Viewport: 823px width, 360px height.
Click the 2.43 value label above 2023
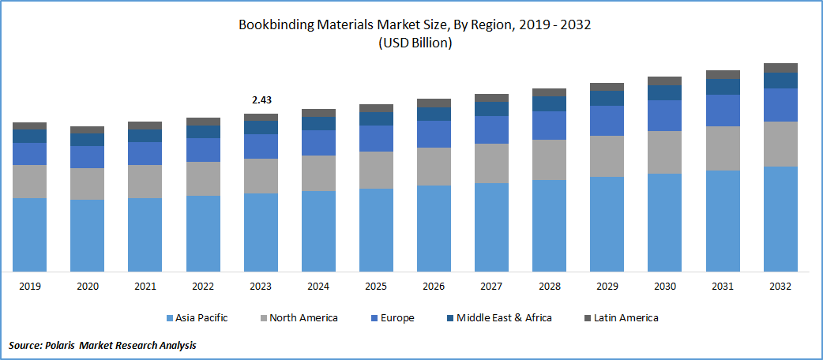[261, 100]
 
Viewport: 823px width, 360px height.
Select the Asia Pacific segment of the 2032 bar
[780, 219]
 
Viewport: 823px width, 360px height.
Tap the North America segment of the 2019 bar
[29, 182]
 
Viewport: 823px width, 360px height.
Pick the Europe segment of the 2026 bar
[434, 134]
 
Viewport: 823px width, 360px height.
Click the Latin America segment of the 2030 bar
[664, 81]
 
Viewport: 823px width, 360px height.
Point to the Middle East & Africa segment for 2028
[549, 103]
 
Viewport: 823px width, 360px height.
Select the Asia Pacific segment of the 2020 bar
[87, 235]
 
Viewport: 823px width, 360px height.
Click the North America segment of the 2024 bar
[318, 173]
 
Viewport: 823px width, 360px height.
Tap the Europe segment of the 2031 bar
[723, 111]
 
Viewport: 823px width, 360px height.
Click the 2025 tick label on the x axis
[376, 286]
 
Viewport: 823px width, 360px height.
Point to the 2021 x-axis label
[145, 286]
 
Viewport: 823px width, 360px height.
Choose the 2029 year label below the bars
[607, 286]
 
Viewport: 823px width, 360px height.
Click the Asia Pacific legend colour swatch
[171, 318]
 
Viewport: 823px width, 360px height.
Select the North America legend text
[303, 318]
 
